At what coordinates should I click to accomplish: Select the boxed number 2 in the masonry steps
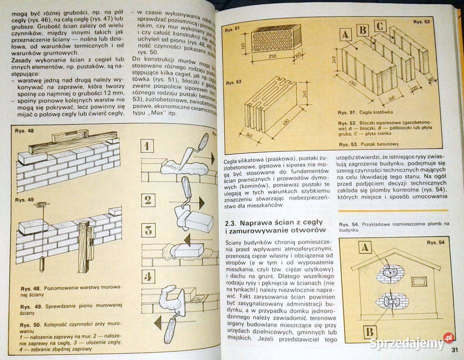[x=148, y=200]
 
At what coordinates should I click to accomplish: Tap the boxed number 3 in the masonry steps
[x=148, y=231]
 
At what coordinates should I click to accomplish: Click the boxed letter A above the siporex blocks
[x=345, y=34]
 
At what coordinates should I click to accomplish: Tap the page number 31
[x=454, y=348]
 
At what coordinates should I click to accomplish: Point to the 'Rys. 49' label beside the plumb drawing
[x=24, y=200]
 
